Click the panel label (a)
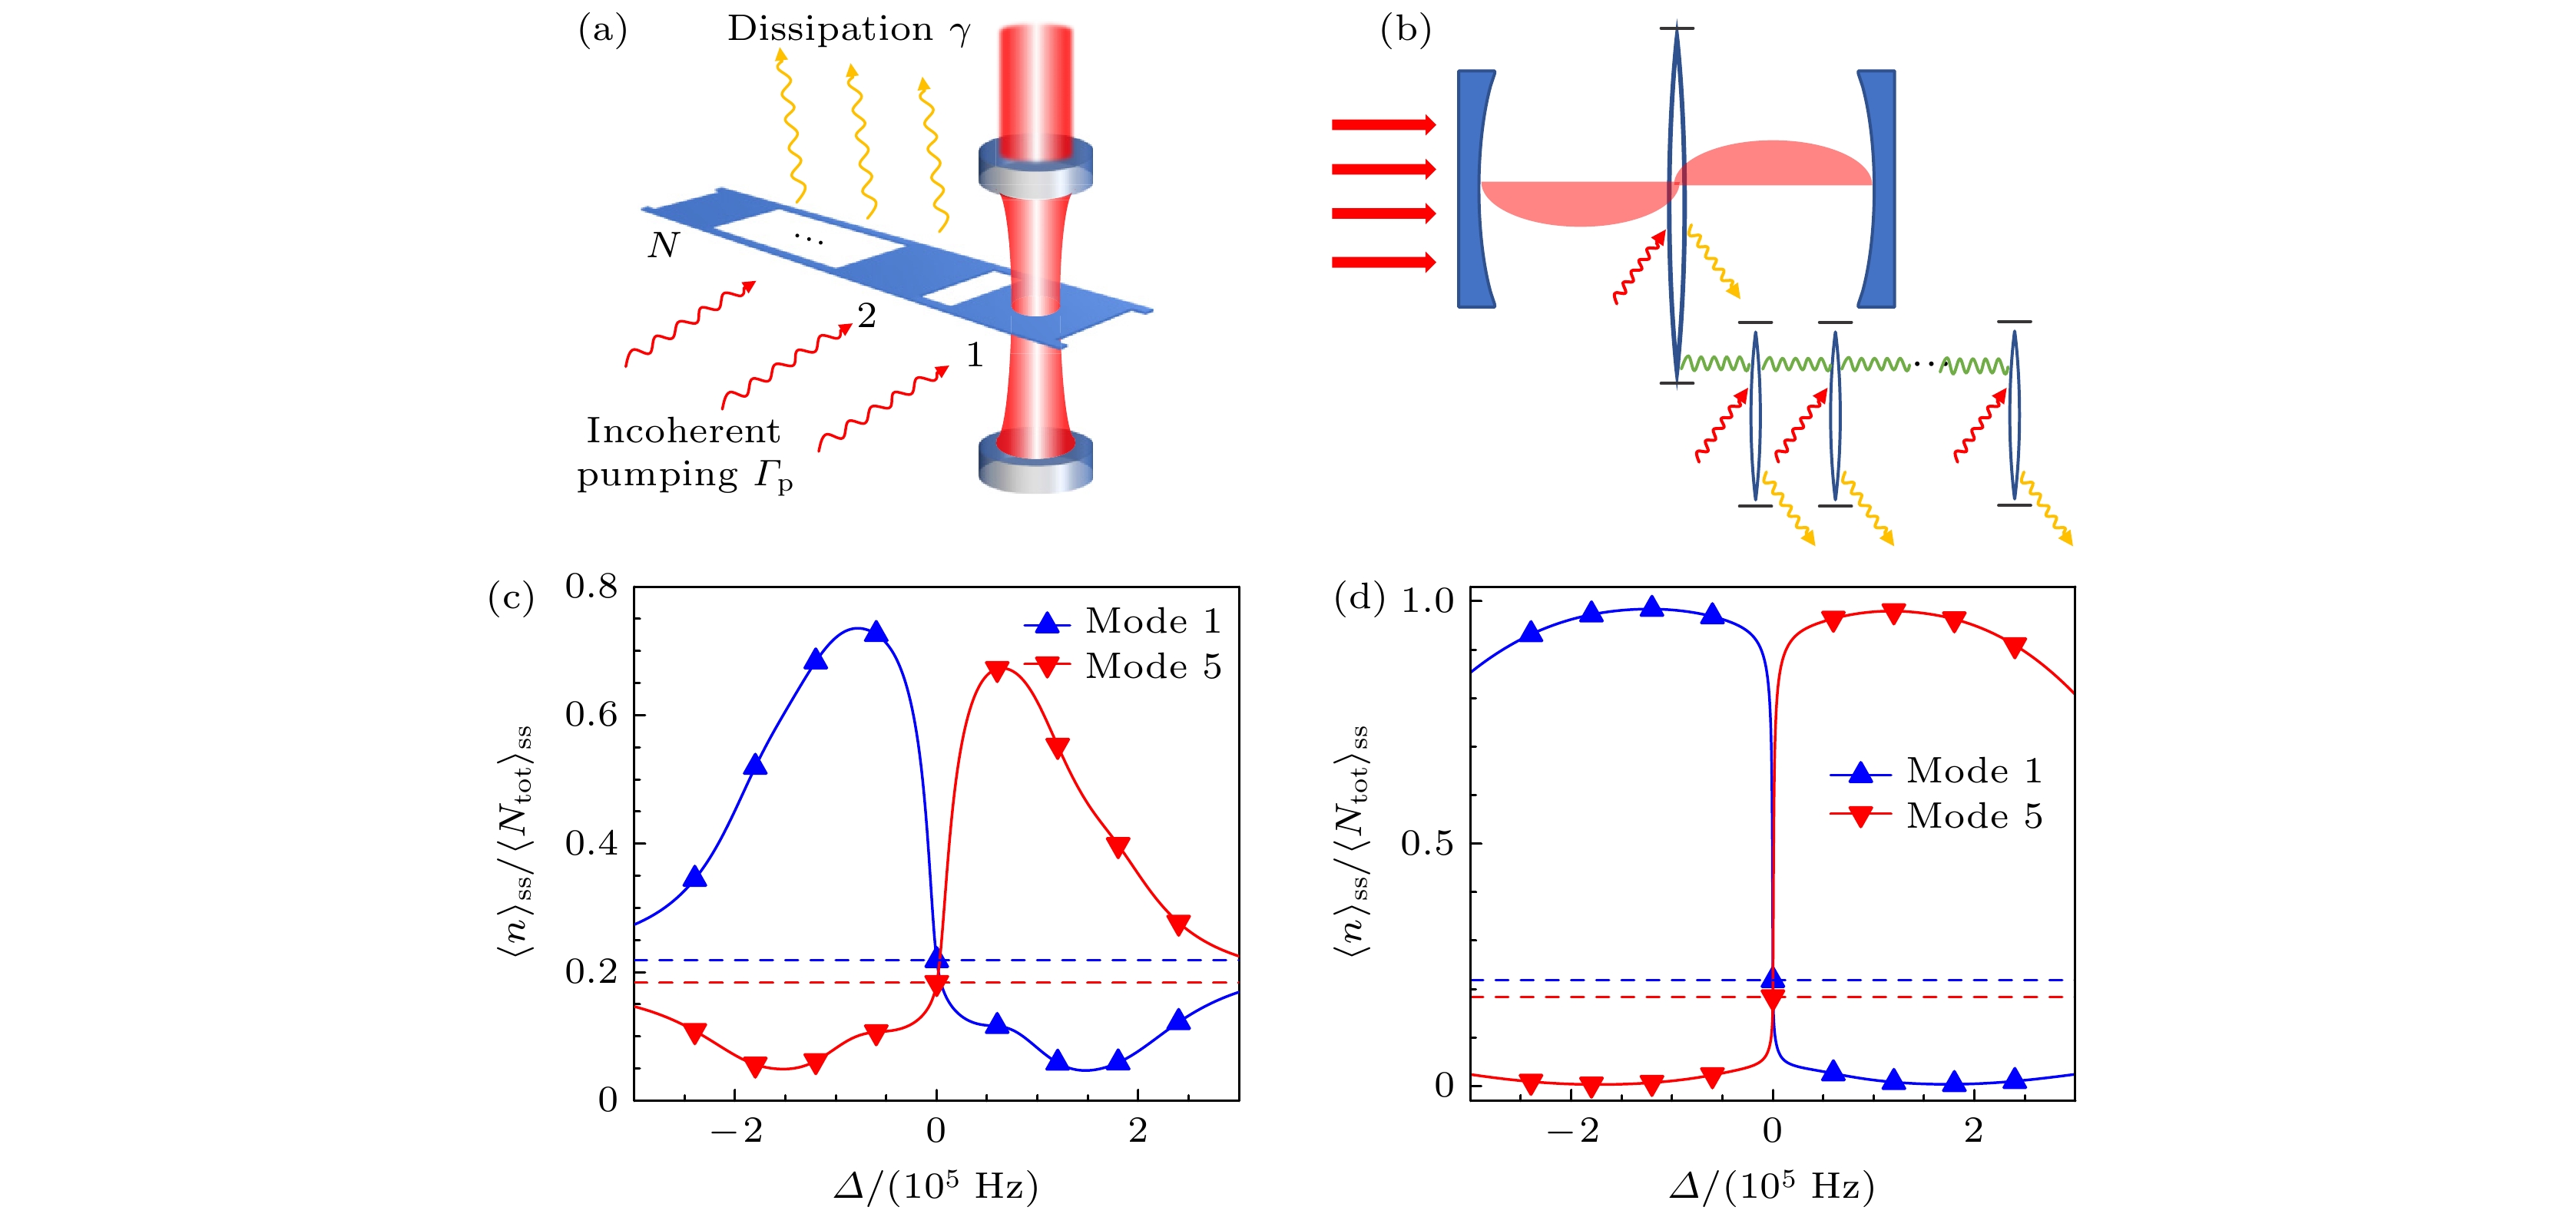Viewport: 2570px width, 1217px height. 603,30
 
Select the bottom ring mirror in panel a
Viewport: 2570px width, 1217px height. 1035,461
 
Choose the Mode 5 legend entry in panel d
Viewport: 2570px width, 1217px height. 1936,816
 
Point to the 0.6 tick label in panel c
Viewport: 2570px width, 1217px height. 591,714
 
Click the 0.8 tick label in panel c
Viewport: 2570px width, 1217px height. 591,587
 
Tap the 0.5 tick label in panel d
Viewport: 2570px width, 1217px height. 1428,843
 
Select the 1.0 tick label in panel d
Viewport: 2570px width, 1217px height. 1428,600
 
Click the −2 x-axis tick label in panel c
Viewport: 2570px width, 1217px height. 737,1130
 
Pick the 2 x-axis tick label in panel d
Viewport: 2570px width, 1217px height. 1973,1130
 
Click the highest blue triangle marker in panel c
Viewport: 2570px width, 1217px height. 876,631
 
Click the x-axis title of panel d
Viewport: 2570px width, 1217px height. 1772,1186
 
